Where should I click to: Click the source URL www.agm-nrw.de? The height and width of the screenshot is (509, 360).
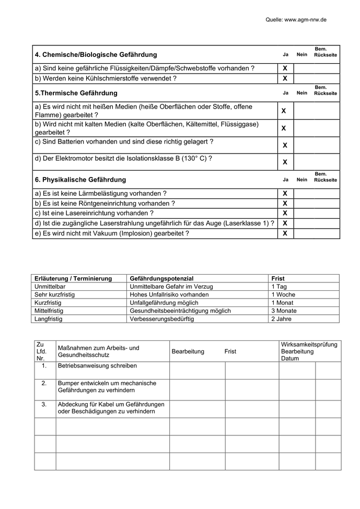(306, 19)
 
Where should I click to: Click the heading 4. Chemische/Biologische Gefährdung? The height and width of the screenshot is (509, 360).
(96, 54)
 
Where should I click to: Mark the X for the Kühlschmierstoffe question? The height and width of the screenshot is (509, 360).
(285, 78)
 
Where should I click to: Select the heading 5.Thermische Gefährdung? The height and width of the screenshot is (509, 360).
(76, 93)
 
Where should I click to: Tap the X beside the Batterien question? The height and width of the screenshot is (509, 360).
(285, 145)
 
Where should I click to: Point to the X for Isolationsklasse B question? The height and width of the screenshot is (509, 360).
(285, 162)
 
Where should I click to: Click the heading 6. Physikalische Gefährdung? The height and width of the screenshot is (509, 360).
(80, 180)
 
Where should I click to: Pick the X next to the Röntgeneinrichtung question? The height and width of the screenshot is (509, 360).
(285, 203)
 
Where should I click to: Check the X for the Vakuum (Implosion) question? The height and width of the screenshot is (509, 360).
(285, 233)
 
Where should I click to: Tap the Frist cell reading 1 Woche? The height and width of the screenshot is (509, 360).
(283, 294)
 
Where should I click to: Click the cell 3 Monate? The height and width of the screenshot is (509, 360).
(284, 311)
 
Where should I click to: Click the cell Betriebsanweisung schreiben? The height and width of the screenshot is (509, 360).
(98, 366)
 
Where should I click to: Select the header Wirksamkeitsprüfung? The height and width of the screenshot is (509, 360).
(309, 345)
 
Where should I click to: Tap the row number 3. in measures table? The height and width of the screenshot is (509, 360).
(44, 404)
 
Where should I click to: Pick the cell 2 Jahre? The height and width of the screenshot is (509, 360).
(281, 319)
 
